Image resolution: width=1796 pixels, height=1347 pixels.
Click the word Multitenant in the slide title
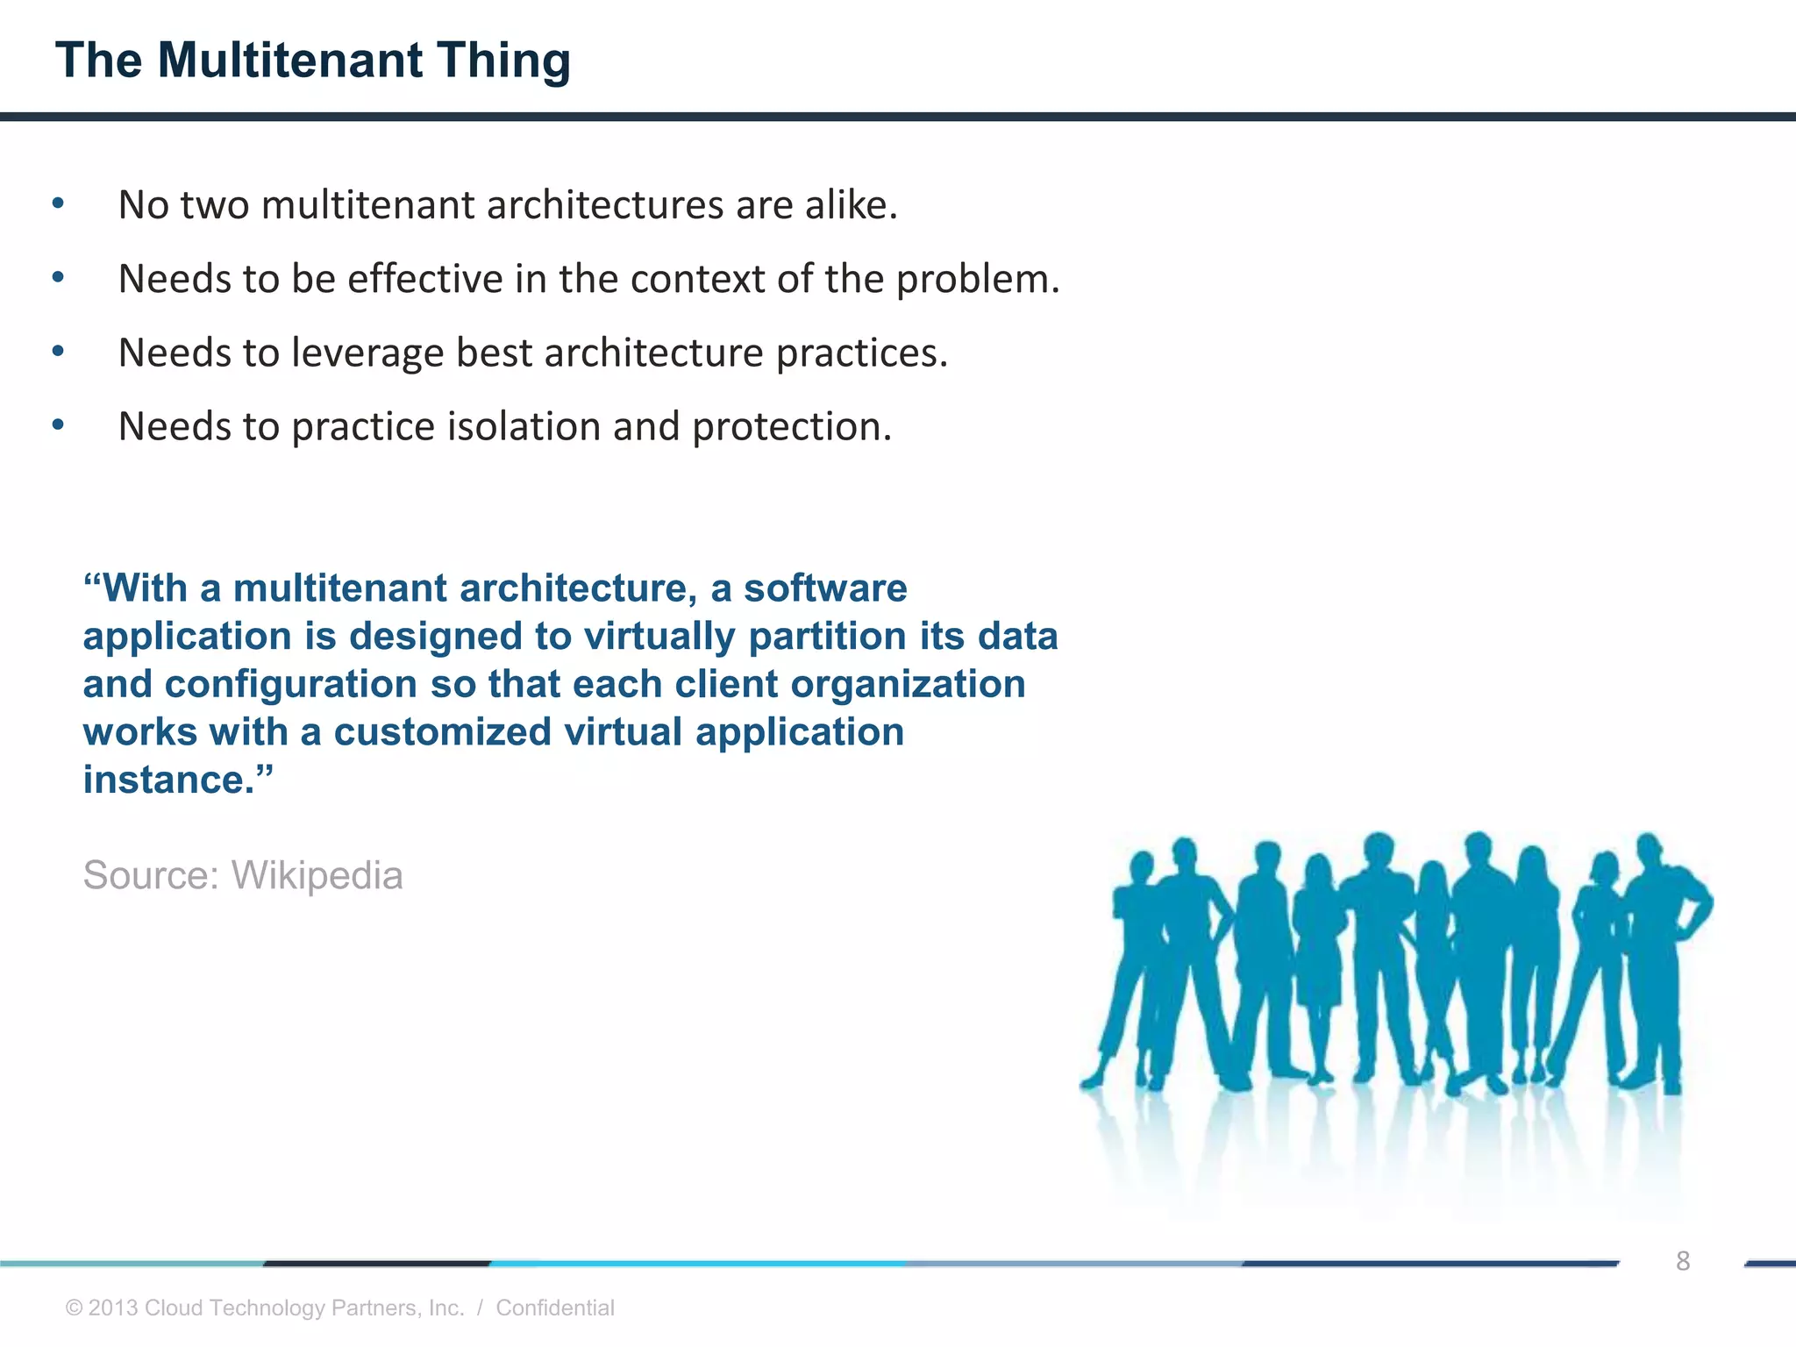tap(290, 61)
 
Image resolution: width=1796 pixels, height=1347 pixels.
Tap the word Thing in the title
tap(504, 61)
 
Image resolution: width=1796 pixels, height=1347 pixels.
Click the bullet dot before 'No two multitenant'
tap(58, 204)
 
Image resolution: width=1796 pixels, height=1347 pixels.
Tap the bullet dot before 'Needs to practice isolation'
tap(58, 426)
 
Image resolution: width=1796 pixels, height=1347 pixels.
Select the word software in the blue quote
tap(825, 588)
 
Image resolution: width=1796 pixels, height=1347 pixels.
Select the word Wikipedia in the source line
tap(317, 875)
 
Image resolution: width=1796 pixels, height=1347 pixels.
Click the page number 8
tap(1682, 1261)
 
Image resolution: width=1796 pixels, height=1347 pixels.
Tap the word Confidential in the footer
tap(554, 1308)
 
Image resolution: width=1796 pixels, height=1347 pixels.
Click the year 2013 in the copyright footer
tap(113, 1308)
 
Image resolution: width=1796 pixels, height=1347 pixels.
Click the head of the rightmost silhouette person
tap(1649, 849)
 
